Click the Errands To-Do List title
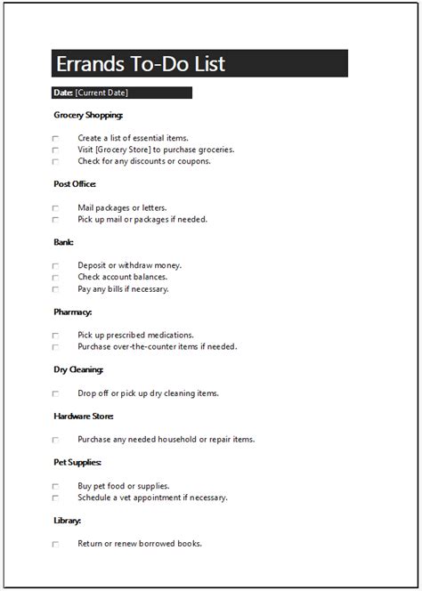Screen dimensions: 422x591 point(141,64)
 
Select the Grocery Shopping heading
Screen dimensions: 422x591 point(88,115)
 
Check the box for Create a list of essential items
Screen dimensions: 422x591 point(55,139)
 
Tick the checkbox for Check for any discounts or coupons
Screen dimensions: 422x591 point(55,162)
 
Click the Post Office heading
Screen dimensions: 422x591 point(75,184)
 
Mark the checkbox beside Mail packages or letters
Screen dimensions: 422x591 point(55,208)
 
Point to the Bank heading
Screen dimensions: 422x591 point(63,242)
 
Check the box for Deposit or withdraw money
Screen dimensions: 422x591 point(55,266)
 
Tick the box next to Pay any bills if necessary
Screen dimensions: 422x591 point(55,289)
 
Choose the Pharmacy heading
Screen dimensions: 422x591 point(73,312)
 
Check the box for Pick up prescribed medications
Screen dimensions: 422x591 point(55,336)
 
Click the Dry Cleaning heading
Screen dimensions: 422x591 point(78,369)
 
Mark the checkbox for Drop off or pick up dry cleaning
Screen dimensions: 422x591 point(55,393)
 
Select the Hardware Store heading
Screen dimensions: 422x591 point(84,416)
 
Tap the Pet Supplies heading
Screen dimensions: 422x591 point(77,463)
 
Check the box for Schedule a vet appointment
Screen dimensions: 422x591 point(55,498)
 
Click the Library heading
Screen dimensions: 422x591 point(68,521)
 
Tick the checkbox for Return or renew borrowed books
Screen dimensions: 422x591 point(55,544)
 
